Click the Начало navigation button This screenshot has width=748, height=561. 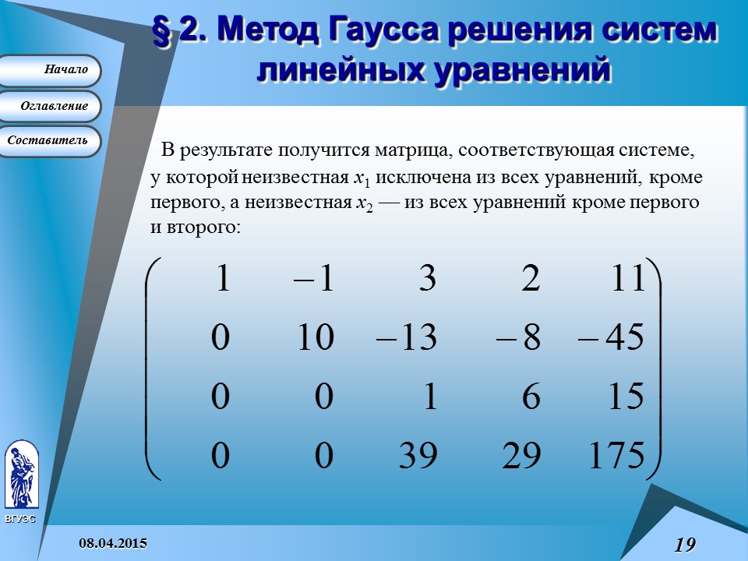[50, 70]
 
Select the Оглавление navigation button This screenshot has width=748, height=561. [50, 106]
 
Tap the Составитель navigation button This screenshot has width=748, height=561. [50, 141]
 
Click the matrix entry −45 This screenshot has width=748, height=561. [611, 338]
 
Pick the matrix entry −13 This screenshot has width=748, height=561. [406, 338]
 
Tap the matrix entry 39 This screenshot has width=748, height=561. [418, 456]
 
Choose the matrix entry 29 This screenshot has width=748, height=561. [522, 456]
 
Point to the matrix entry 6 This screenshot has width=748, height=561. [531, 397]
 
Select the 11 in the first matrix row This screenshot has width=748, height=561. [628, 279]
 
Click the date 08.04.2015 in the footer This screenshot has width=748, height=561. [112, 543]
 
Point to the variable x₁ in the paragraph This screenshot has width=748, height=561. [361, 178]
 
